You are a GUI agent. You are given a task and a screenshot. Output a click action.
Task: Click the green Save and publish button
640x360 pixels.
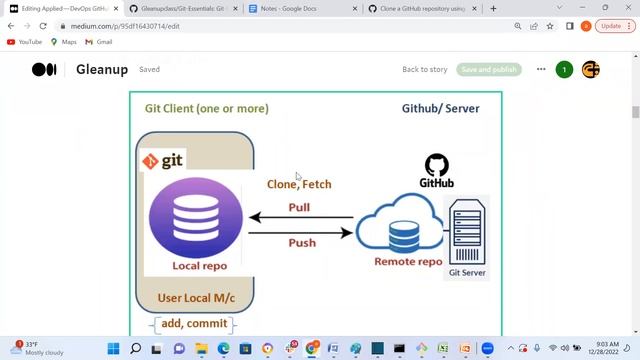click(489, 70)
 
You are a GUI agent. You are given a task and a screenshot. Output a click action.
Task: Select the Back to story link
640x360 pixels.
click(424, 70)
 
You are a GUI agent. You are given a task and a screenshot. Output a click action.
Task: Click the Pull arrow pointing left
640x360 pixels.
click(300, 217)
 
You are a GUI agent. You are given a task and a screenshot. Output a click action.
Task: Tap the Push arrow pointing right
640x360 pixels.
click(300, 233)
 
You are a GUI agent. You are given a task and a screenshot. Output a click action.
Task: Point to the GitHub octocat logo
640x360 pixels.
click(437, 165)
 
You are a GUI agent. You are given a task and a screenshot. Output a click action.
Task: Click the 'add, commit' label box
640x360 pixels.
click(193, 324)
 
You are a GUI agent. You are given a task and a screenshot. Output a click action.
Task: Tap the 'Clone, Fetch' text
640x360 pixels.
click(299, 184)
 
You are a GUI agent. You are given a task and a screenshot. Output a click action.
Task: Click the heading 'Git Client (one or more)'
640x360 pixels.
click(206, 108)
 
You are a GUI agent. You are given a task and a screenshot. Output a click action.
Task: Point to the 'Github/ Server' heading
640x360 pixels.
click(440, 108)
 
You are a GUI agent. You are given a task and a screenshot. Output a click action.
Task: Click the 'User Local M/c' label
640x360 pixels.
click(197, 298)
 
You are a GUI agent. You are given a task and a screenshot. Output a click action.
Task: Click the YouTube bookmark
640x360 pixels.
click(25, 42)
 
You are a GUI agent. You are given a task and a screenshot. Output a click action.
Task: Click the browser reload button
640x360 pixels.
click(43, 26)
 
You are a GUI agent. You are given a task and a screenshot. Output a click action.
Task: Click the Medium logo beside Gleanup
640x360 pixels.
click(44, 70)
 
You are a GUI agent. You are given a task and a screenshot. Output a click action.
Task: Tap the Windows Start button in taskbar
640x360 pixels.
click(113, 349)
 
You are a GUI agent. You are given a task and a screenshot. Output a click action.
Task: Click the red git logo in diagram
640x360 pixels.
click(163, 160)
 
